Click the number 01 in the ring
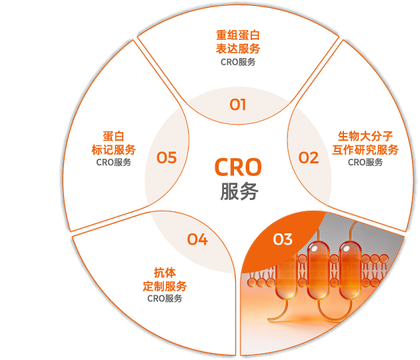pyautogui.click(x=238, y=105)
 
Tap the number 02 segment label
pyautogui.click(x=308, y=158)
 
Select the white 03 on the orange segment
pyautogui.click(x=283, y=239)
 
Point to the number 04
pyautogui.click(x=197, y=239)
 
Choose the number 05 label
pyautogui.click(x=167, y=158)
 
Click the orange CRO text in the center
pyautogui.click(x=238, y=166)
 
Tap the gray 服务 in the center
pyautogui.click(x=239, y=192)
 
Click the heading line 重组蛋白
pyautogui.click(x=238, y=35)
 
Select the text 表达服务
pyautogui.click(x=238, y=49)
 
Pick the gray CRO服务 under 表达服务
pyautogui.click(x=238, y=62)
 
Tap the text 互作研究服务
pyautogui.click(x=365, y=149)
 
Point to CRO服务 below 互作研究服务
pyautogui.click(x=365, y=162)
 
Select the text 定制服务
pyautogui.click(x=165, y=285)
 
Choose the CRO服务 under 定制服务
pyautogui.click(x=165, y=299)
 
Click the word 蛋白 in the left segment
pyautogui.click(x=113, y=136)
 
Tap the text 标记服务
pyautogui.click(x=113, y=149)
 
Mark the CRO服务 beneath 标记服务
pyautogui.click(x=113, y=162)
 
